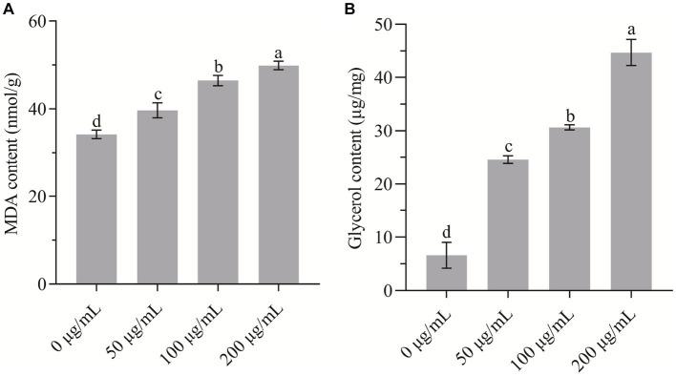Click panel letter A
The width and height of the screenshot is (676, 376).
point(7,8)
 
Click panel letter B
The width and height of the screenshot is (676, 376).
point(349,8)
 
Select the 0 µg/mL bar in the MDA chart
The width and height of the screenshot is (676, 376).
point(96,209)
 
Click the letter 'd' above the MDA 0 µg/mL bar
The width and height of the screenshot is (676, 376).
point(96,120)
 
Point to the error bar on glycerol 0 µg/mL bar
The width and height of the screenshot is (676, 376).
point(446,255)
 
